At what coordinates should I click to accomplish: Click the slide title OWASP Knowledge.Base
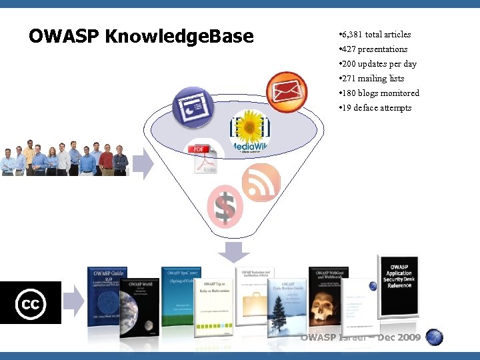(x=141, y=36)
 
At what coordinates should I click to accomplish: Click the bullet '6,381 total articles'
(x=375, y=35)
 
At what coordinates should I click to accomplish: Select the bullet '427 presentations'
(x=373, y=49)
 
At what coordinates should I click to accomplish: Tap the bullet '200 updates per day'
(x=378, y=64)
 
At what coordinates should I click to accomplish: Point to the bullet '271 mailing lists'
(x=372, y=79)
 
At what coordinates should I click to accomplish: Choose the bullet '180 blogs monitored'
(x=379, y=93)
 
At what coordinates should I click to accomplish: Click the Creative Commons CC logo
(x=31, y=303)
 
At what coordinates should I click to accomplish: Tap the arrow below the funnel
(x=233, y=253)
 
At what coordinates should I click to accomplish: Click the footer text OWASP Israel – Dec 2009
(x=361, y=337)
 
